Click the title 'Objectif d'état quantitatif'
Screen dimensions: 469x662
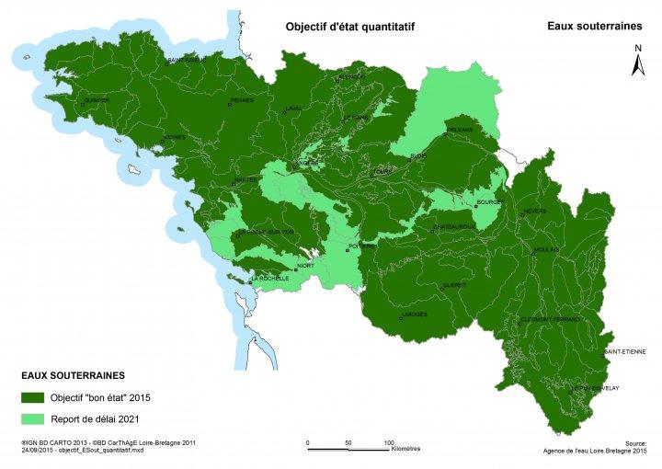(350, 28)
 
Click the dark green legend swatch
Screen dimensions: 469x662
(34, 397)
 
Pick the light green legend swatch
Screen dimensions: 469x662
(34, 418)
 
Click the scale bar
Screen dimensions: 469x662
(348, 450)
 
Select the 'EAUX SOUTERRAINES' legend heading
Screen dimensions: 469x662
(73, 376)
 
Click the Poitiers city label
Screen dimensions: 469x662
(361, 246)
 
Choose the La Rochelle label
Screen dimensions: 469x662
(270, 278)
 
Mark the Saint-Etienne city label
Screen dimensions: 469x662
(625, 351)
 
